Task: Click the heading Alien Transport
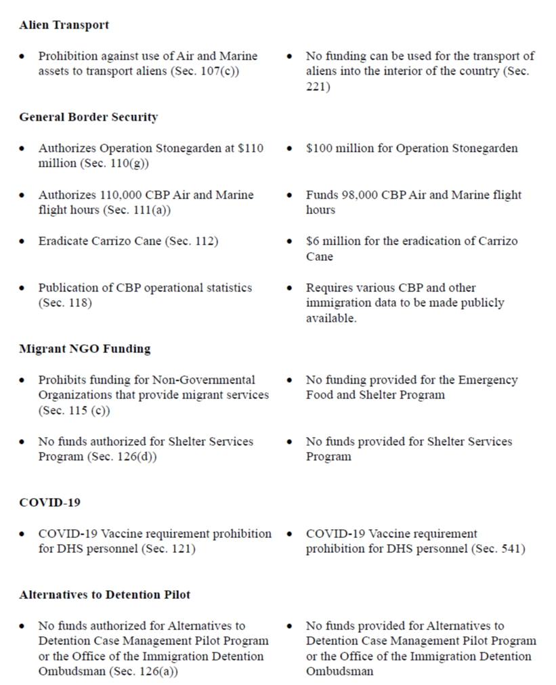(64, 25)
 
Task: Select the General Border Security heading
(88, 117)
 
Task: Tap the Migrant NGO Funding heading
(85, 349)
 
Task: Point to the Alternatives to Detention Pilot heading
(104, 595)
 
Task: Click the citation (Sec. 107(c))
(203, 71)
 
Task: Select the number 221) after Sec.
(318, 87)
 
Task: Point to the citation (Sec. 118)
(65, 303)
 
